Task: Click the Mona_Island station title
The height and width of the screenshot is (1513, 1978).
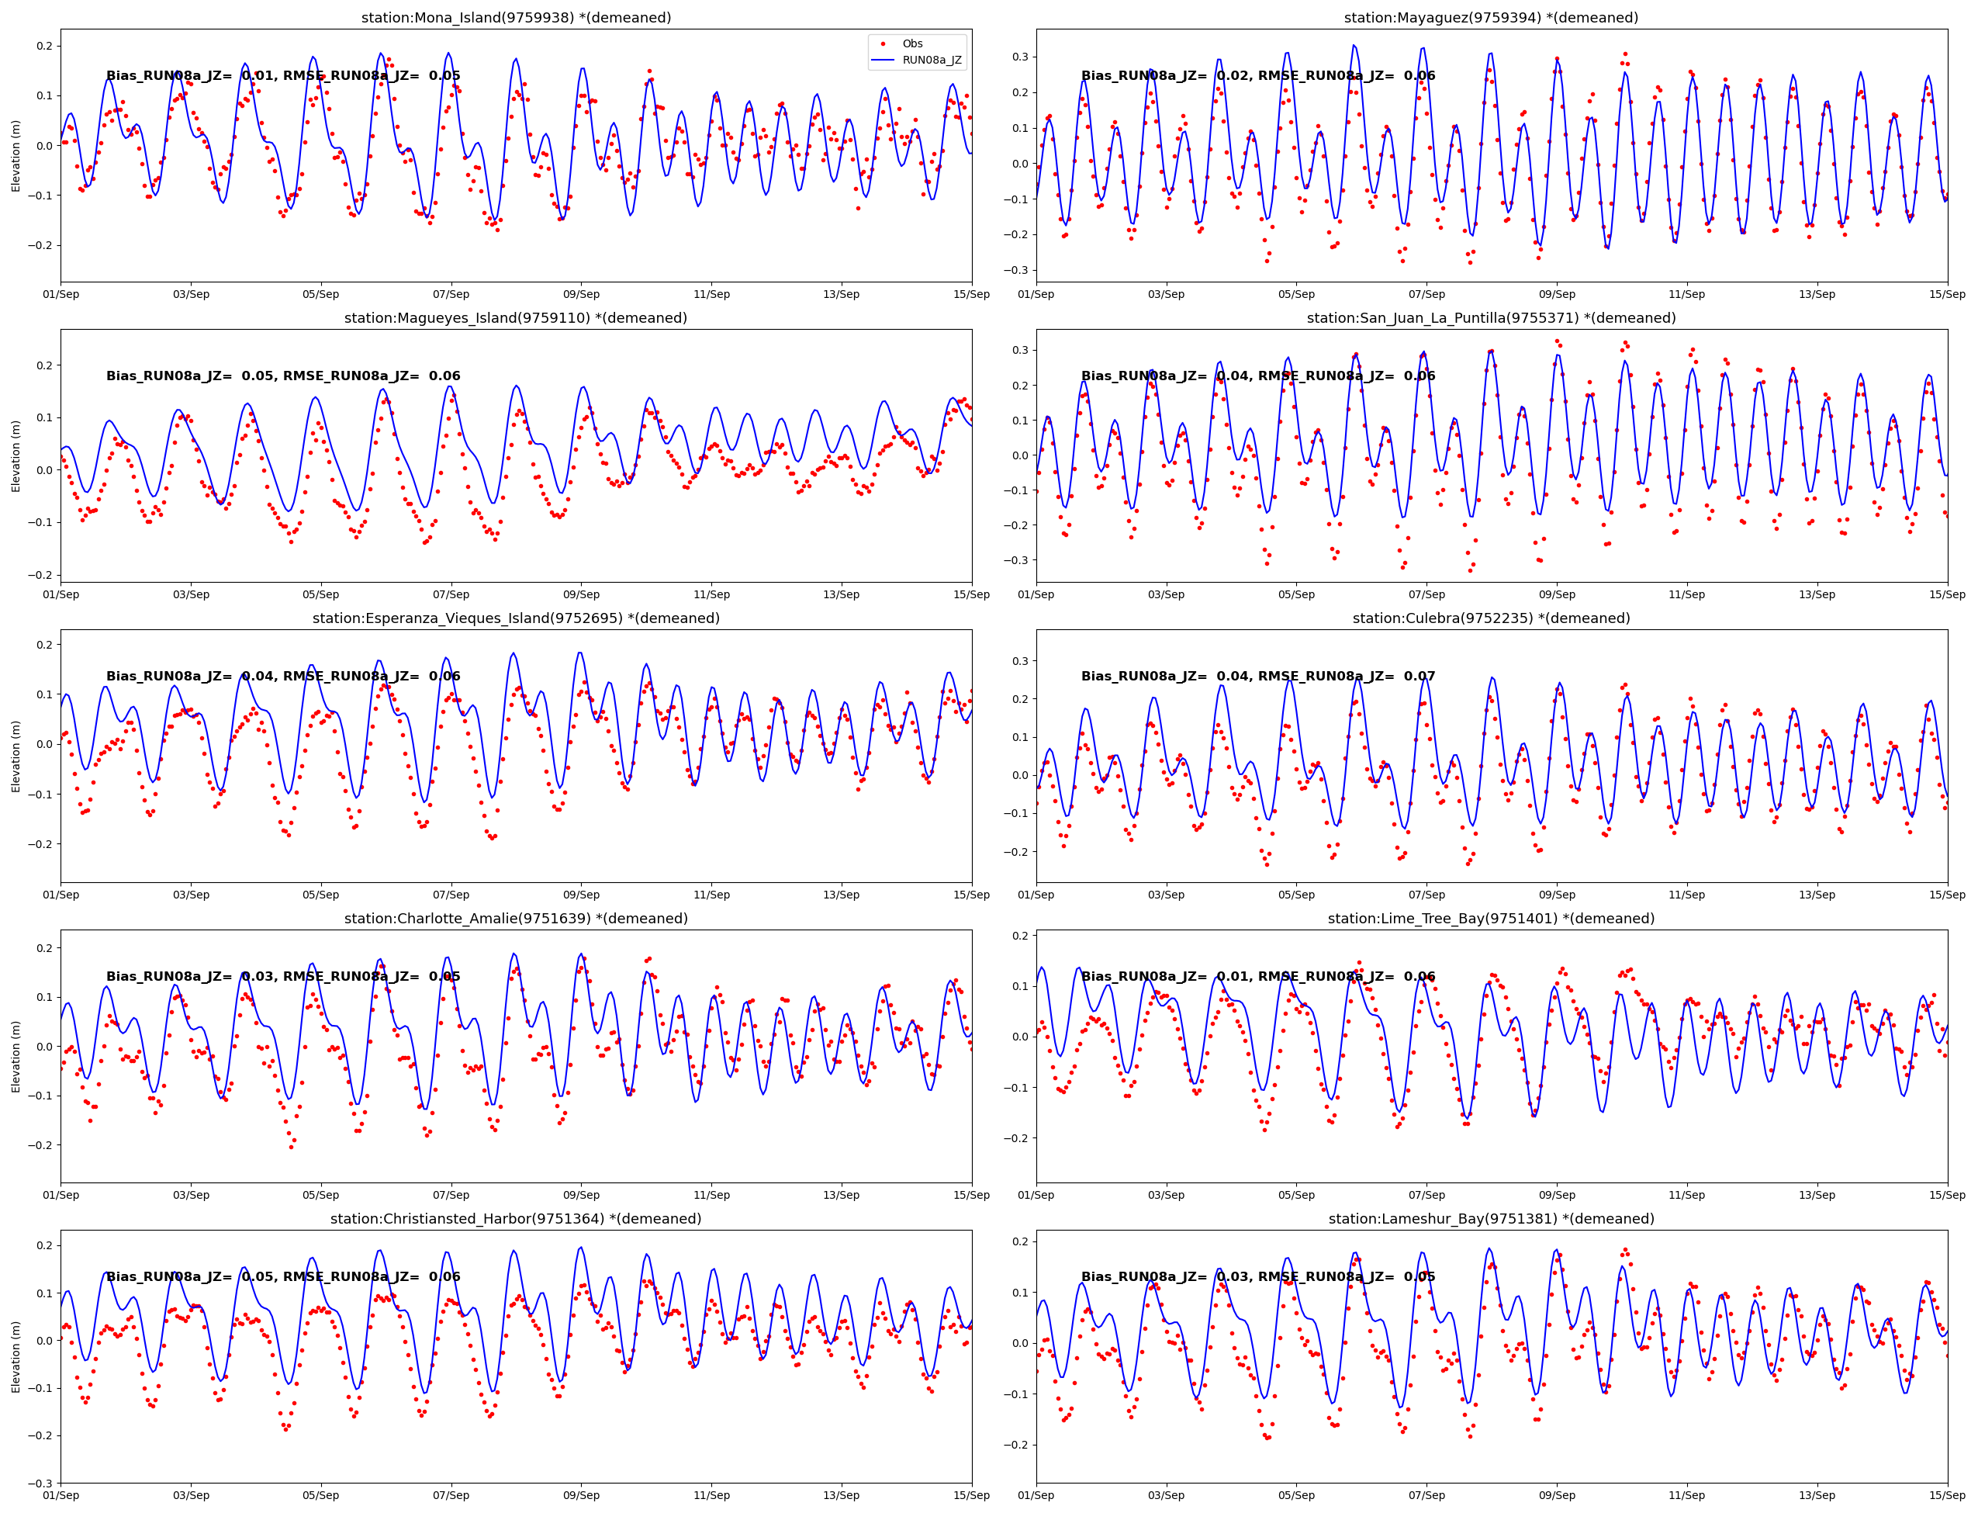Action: pos(516,18)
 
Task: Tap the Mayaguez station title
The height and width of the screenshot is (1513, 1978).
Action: pos(1491,18)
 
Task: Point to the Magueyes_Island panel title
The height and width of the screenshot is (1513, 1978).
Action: pos(516,318)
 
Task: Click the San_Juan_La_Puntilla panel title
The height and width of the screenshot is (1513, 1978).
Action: pos(1491,318)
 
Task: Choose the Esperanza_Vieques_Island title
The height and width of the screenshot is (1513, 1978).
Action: pos(516,618)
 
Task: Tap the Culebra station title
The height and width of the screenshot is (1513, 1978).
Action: pos(1491,618)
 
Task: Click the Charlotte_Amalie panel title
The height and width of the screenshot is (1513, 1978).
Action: pos(516,919)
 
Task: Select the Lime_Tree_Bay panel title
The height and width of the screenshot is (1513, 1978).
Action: pos(1491,919)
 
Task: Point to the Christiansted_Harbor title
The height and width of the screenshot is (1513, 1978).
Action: pos(516,1218)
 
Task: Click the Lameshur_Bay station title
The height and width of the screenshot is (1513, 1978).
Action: pos(1491,1218)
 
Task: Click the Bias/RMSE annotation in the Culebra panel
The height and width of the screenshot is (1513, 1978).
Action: pos(1257,677)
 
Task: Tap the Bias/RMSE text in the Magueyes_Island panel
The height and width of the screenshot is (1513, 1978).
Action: pos(282,376)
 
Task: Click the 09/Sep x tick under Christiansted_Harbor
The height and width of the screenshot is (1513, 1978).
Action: pos(581,1495)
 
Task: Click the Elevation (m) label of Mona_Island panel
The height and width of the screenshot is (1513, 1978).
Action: pos(16,156)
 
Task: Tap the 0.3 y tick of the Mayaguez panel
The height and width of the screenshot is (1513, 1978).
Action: pos(1019,57)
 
